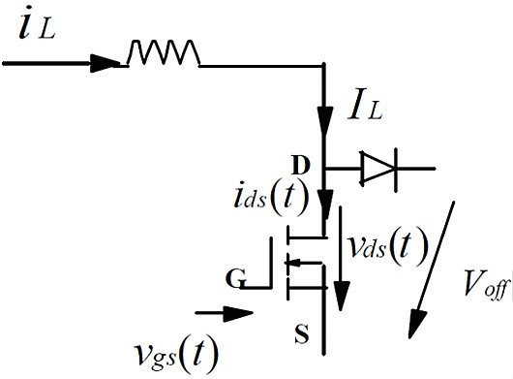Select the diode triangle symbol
point(374,168)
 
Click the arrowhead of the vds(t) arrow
point(341,292)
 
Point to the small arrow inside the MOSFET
point(292,260)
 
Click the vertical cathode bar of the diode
point(393,168)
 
